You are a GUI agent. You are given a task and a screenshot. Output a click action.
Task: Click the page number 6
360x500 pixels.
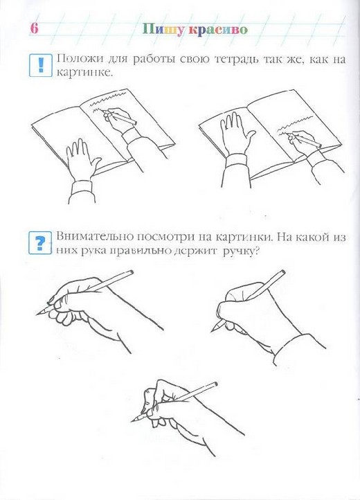[x=34, y=28]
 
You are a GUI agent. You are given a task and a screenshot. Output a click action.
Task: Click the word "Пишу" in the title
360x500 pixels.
[x=163, y=29]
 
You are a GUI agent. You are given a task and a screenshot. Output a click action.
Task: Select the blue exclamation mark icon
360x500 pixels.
[x=40, y=65]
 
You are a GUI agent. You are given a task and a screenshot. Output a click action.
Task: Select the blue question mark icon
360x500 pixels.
[x=40, y=242]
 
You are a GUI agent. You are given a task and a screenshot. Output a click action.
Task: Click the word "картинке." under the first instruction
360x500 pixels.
[x=85, y=73]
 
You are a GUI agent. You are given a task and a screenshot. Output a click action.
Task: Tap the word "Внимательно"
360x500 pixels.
[x=95, y=237]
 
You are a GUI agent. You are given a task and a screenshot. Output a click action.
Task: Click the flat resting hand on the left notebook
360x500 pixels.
[x=82, y=159]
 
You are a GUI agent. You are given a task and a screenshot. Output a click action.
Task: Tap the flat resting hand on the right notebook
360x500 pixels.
[x=236, y=134]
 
